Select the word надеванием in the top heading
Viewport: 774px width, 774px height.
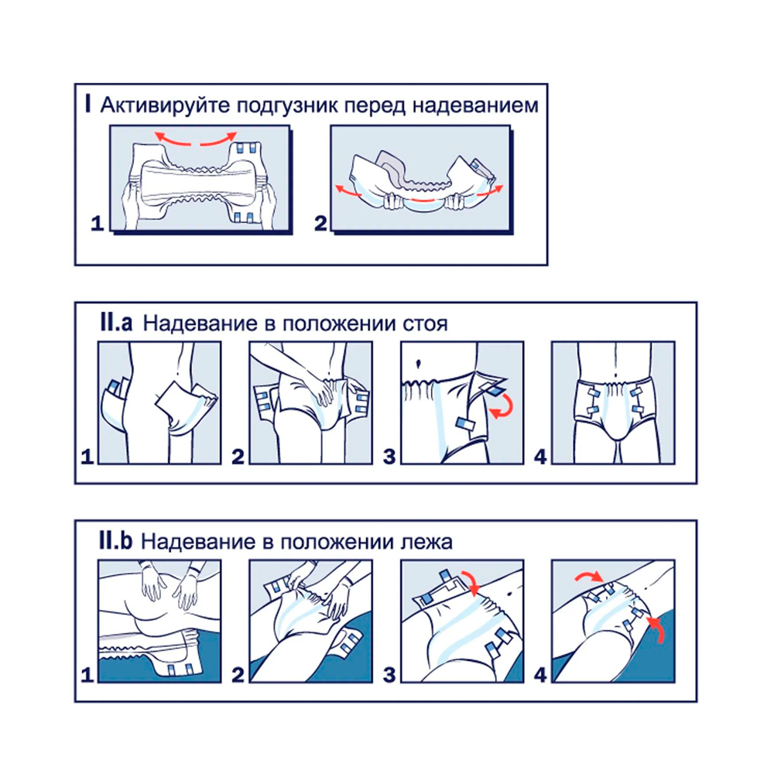pyautogui.click(x=475, y=105)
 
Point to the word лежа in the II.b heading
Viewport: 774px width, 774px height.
pyautogui.click(x=426, y=543)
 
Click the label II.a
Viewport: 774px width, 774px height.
pyautogui.click(x=116, y=323)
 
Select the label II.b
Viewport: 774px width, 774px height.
pyautogui.click(x=115, y=541)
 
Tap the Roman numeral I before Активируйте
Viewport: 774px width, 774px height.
pyautogui.click(x=88, y=104)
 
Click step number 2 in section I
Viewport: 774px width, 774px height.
pyautogui.click(x=320, y=223)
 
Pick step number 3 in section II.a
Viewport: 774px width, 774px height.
pyautogui.click(x=389, y=457)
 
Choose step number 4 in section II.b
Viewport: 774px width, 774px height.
pyautogui.click(x=540, y=675)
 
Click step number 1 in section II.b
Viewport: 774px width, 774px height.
pyautogui.click(x=87, y=675)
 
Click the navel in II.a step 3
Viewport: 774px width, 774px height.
pyautogui.click(x=419, y=364)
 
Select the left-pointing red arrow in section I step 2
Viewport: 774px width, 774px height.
pyautogui.click(x=348, y=191)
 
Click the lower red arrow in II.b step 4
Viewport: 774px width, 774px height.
pyautogui.click(x=659, y=629)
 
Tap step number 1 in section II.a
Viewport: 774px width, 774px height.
pyautogui.click(x=87, y=457)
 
